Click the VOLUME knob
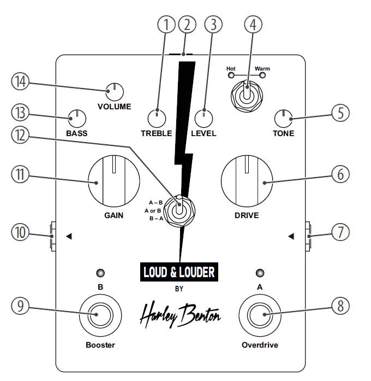[115, 91]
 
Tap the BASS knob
[77, 118]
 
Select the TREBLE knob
[157, 118]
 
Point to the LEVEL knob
[204, 118]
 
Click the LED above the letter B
[100, 272]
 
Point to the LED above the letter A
[260, 272]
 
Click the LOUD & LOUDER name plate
[179, 272]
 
